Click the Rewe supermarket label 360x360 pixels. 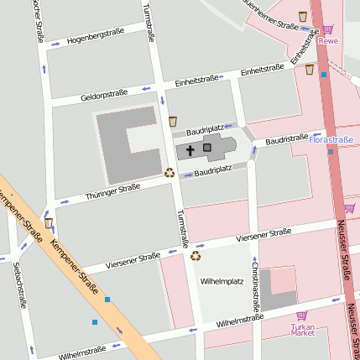(329, 40)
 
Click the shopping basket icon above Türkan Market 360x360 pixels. (302, 316)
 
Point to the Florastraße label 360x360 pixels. (331, 138)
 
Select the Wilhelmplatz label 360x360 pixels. (221, 282)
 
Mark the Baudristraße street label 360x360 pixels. (286, 140)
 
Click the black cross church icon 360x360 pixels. (190, 151)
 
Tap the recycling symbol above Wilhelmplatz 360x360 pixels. (196, 256)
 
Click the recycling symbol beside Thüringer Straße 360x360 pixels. (169, 173)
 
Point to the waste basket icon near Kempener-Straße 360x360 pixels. (49, 223)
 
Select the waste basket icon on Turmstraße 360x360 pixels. (172, 122)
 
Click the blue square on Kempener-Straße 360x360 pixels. (107, 298)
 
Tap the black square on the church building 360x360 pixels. (207, 148)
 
